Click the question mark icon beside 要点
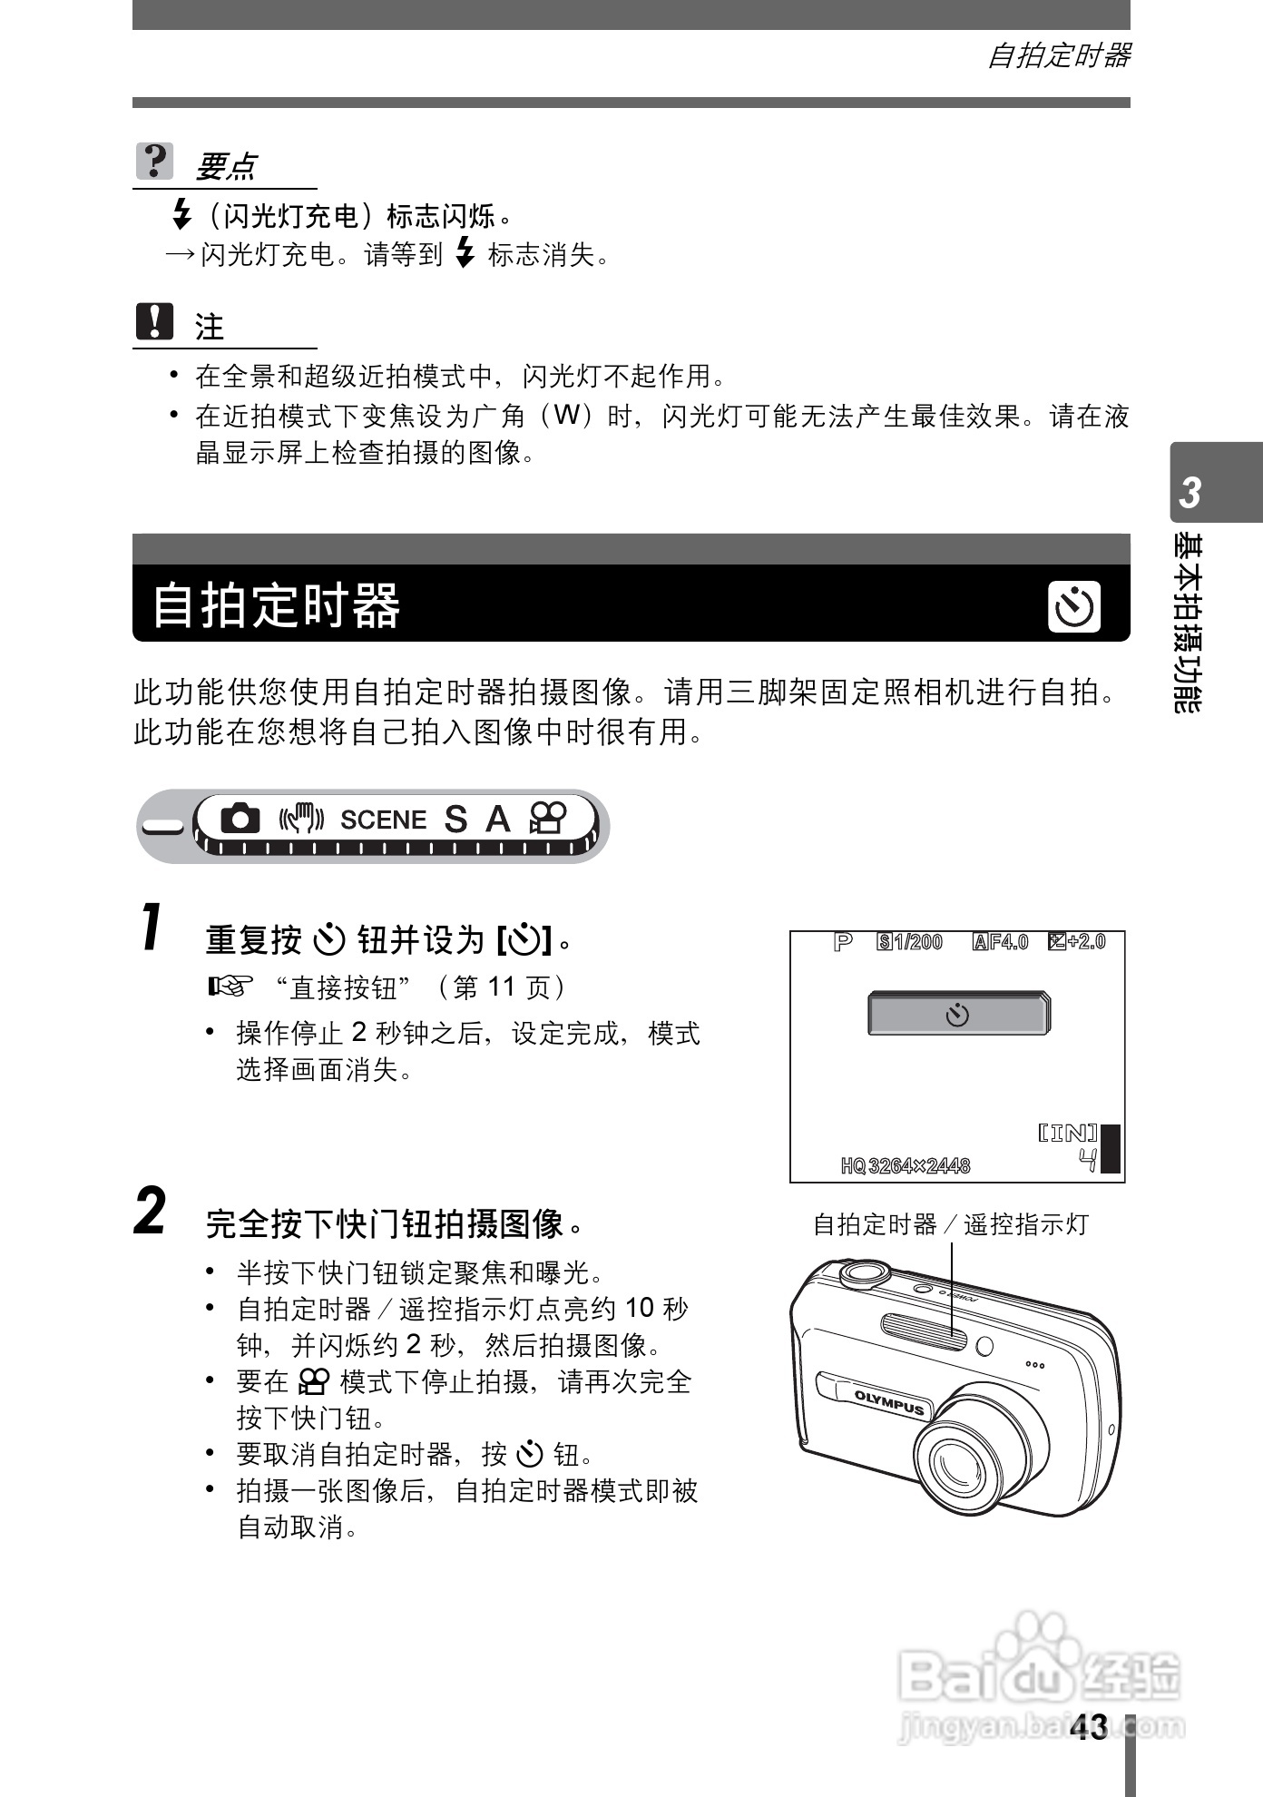point(154,162)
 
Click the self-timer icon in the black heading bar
point(1074,606)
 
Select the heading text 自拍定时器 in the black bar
point(276,606)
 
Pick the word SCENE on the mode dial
point(383,820)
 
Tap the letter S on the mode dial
point(455,820)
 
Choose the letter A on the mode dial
point(497,820)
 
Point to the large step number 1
point(152,928)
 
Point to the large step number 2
point(151,1212)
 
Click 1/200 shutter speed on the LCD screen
point(918,942)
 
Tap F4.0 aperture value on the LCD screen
point(1008,942)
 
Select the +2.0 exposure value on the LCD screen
point(1086,942)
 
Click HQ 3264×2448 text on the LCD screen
point(906,1166)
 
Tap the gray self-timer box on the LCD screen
point(958,1014)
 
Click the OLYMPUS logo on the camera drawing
point(889,1403)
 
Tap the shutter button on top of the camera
point(865,1272)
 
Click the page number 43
point(1089,1727)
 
